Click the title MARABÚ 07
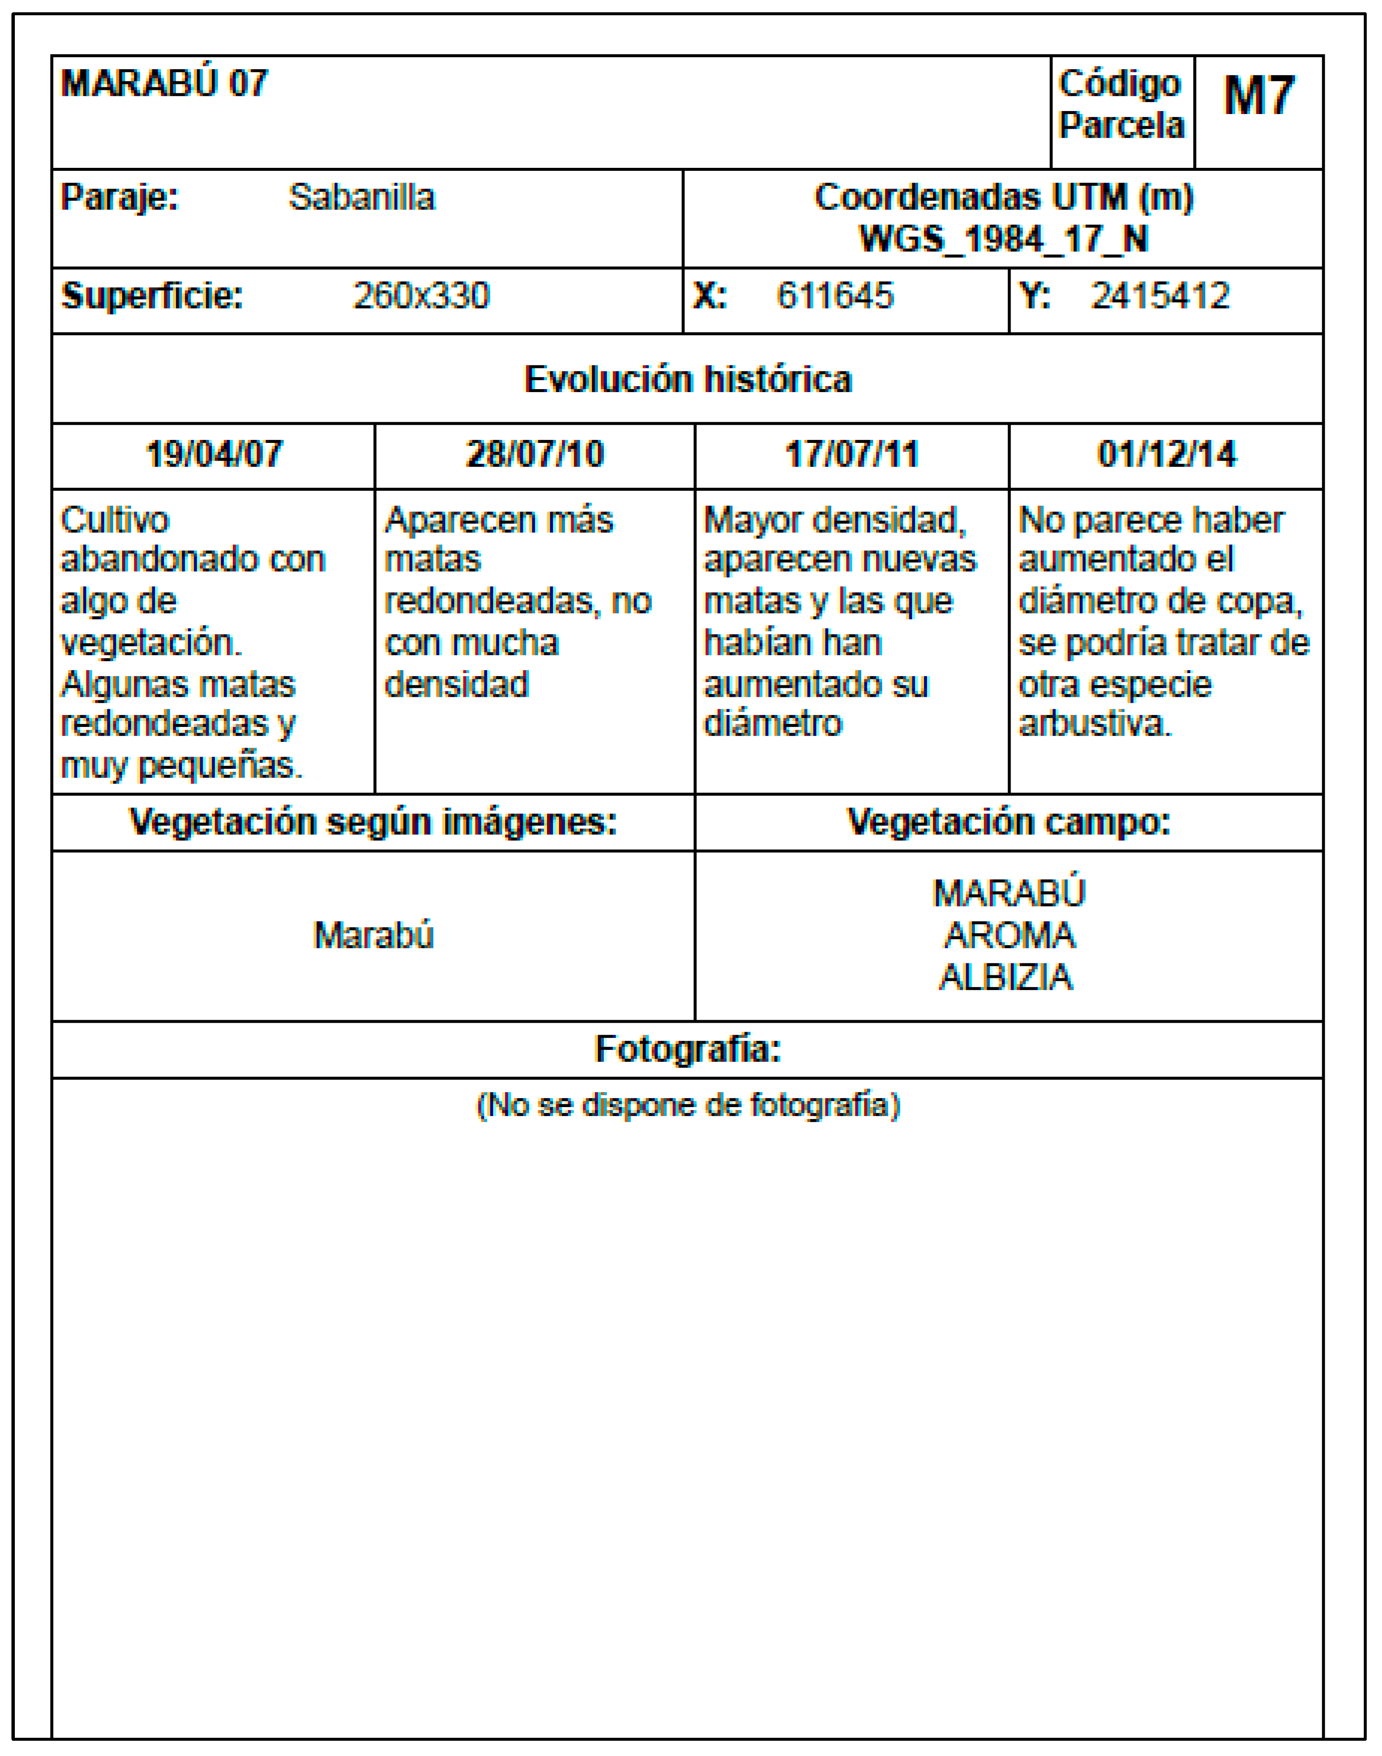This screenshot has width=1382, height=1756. click(164, 83)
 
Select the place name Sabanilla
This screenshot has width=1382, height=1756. click(362, 198)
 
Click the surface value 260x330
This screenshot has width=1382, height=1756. click(422, 296)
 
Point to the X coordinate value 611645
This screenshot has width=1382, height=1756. click(835, 296)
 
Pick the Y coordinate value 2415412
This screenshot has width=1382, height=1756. click(1160, 296)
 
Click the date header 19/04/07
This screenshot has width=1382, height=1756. click(214, 454)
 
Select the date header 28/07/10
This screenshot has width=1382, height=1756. click(535, 454)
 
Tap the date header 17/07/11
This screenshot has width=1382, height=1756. click(852, 454)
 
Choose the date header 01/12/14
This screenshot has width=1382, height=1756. click(1167, 454)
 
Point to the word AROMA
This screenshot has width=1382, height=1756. click(1009, 936)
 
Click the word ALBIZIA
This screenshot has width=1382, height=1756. click(1006, 978)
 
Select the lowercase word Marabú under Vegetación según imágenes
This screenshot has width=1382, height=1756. click(374, 936)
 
